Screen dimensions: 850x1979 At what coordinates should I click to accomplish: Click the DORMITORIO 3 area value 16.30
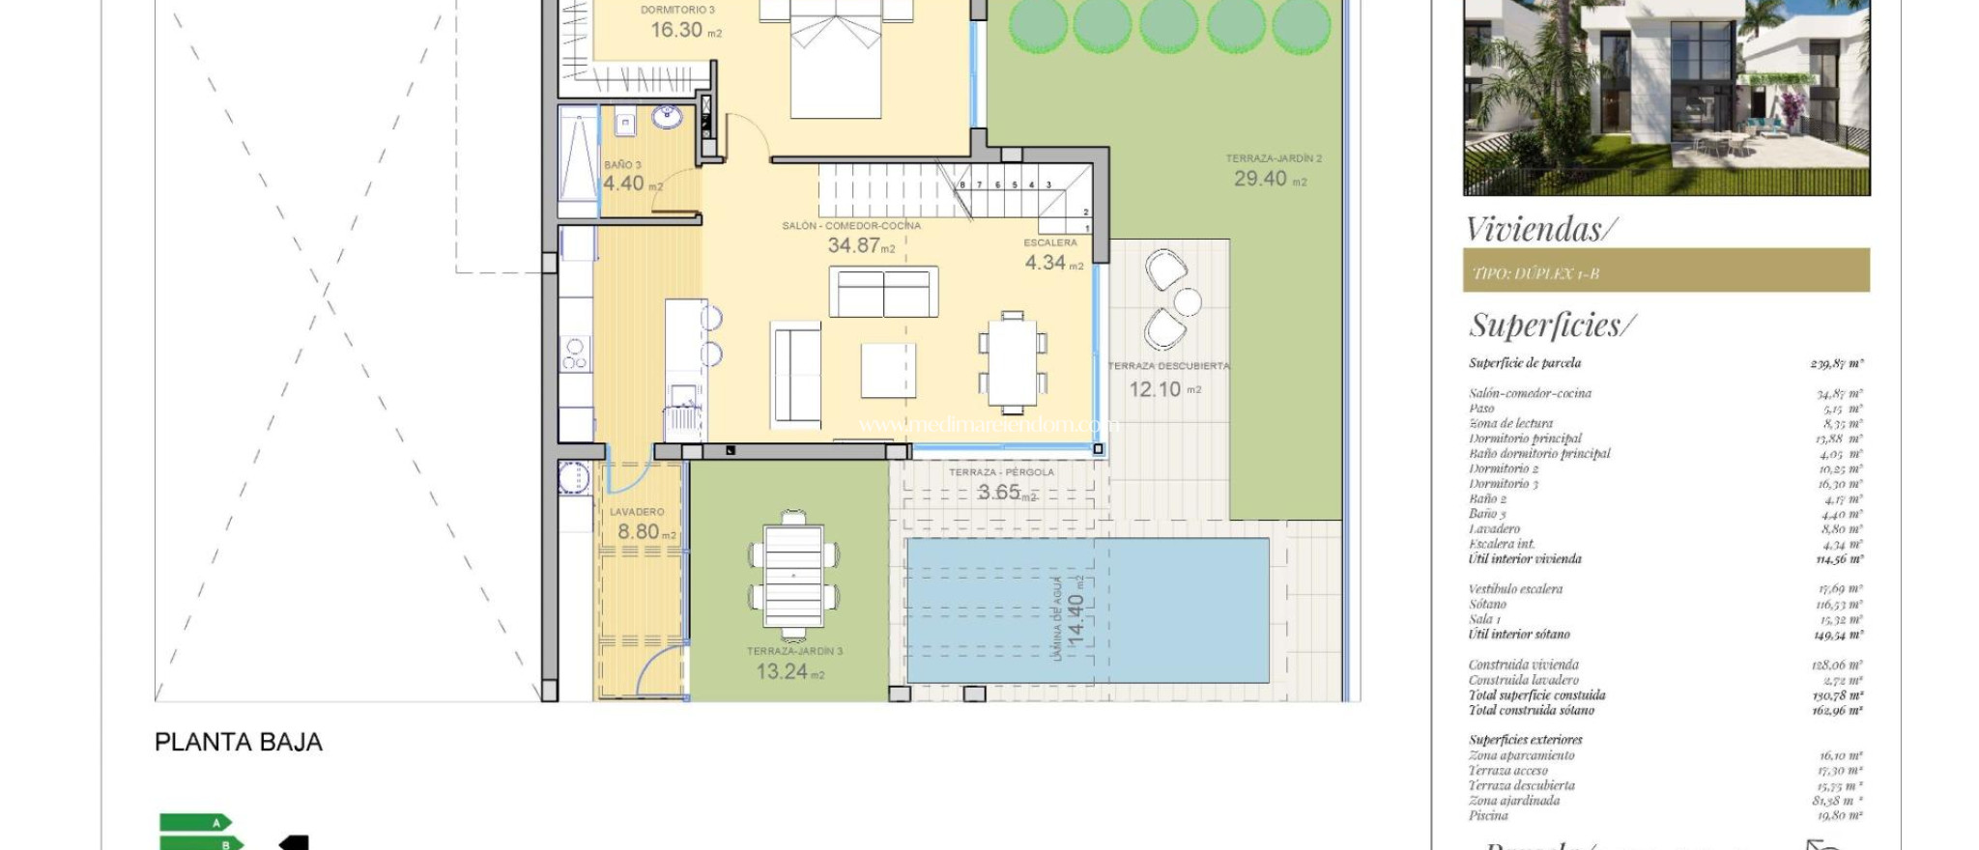(x=675, y=30)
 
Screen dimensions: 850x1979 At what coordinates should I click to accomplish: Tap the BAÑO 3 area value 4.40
(x=623, y=183)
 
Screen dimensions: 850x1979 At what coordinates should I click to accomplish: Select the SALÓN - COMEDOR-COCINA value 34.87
(x=853, y=245)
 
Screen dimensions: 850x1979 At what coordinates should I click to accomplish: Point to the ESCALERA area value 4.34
(x=1045, y=263)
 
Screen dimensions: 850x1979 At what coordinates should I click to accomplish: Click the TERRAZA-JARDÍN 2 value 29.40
(x=1260, y=179)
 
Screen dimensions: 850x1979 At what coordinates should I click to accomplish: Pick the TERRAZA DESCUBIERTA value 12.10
(x=1155, y=389)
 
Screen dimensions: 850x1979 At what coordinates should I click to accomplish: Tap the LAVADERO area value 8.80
(x=638, y=531)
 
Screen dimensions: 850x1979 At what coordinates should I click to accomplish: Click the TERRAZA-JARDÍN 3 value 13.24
(x=782, y=671)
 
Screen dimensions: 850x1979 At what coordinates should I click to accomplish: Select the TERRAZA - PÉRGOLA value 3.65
(x=998, y=492)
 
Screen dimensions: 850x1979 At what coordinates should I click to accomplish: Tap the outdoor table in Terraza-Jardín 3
(x=792, y=576)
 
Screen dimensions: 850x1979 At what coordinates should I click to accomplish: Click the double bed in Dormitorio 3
(x=836, y=58)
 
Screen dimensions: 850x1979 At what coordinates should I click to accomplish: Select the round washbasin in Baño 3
(x=667, y=118)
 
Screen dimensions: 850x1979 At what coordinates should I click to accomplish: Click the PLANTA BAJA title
(x=239, y=742)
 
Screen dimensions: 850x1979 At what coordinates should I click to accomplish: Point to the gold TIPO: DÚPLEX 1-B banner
(x=1665, y=271)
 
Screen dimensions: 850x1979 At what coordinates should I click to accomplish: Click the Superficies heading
(x=1551, y=325)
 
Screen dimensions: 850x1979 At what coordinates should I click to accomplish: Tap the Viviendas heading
(x=1540, y=230)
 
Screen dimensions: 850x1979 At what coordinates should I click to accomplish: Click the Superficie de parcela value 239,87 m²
(x=1836, y=363)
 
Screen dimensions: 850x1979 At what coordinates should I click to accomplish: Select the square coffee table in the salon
(x=888, y=370)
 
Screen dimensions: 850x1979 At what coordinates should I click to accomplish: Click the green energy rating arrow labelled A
(x=197, y=822)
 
